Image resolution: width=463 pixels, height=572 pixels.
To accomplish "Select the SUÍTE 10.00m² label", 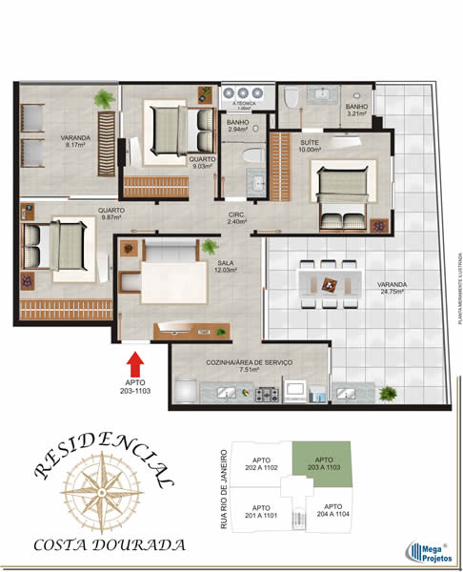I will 310,147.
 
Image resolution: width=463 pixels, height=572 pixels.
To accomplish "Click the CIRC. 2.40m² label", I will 237,218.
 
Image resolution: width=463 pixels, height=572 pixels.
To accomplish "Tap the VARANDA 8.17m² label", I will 77,141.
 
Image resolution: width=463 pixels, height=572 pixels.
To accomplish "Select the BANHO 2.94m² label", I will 237,126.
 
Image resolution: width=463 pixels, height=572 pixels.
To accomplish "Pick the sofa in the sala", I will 168,251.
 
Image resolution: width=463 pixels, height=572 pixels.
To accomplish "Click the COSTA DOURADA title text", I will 110,546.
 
